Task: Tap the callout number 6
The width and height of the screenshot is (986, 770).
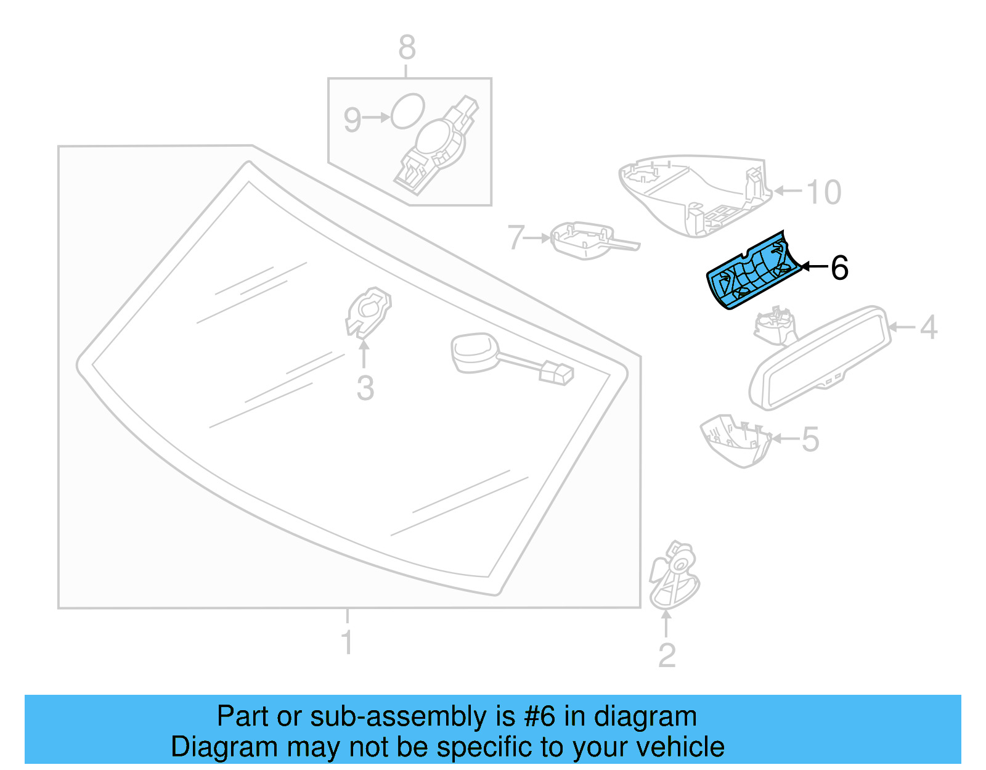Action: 839,268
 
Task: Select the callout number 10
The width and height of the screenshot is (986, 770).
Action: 823,192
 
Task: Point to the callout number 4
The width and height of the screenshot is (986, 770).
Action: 928,327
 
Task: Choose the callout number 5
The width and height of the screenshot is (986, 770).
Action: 810,440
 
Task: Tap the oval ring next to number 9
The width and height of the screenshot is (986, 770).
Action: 408,111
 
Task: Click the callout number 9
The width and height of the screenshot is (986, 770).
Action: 352,119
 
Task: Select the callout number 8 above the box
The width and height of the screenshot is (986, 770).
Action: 407,47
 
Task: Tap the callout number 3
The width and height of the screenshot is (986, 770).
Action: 365,388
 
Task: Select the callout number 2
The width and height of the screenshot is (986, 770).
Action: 667,655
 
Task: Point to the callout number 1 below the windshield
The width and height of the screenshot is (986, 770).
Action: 347,642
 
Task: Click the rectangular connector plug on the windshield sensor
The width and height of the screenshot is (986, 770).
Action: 556,373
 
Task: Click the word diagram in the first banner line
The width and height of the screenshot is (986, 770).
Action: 645,717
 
